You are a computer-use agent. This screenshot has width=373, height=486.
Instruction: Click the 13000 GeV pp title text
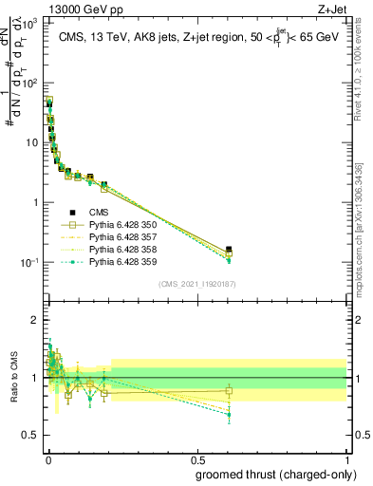tap(57, 8)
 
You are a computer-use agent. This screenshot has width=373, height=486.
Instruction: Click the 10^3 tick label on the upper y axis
tap(31, 22)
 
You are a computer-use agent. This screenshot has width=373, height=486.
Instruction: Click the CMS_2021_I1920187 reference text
tap(196, 284)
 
